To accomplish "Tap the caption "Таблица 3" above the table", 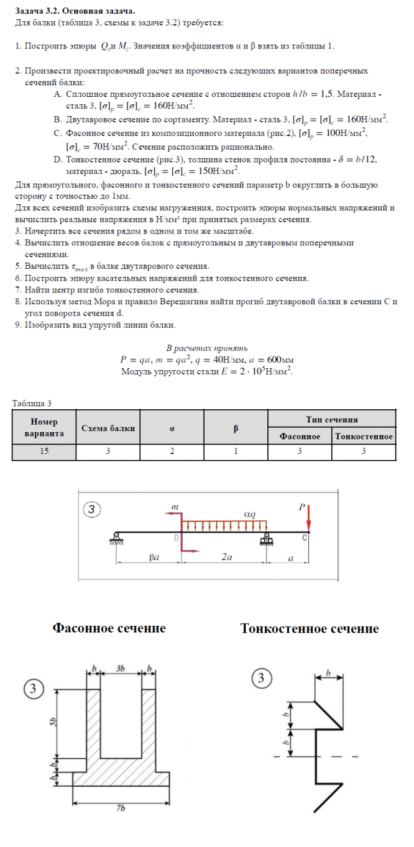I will click(x=32, y=403).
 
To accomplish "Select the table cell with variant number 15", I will click(x=44, y=452).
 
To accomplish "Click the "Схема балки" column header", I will click(x=108, y=428).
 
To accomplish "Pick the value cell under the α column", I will click(x=172, y=452).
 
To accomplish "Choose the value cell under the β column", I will click(x=236, y=452).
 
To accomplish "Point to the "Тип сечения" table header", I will click(x=331, y=420).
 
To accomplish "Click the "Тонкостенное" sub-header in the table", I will click(x=364, y=437).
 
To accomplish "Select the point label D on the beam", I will click(x=177, y=538).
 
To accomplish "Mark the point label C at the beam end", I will click(x=305, y=538).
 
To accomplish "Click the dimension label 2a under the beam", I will click(x=226, y=558).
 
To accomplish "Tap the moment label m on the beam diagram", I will click(x=175, y=508).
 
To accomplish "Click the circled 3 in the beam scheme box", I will click(x=92, y=510).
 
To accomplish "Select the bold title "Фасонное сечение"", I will click(x=109, y=628).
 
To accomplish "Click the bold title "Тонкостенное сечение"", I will click(x=310, y=628).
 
